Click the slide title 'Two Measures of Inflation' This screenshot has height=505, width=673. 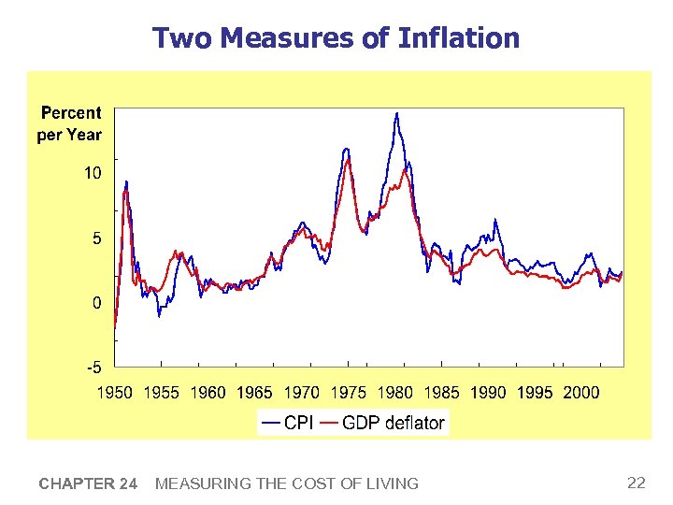pos(336,38)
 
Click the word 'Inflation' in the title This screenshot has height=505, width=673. pos(458,38)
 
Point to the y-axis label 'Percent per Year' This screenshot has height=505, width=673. pos(70,123)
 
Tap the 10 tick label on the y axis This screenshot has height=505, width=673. pos(93,174)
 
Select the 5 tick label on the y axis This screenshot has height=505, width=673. pos(96,238)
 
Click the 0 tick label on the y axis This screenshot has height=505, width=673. pos(96,303)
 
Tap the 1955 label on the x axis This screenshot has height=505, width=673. pos(162,393)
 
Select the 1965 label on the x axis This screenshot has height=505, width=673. pos(254,393)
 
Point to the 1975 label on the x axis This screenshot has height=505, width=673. pos(348,393)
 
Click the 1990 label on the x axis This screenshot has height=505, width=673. pos(488,393)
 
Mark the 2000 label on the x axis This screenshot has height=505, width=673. pos(580,393)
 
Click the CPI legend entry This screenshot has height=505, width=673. pos(288,423)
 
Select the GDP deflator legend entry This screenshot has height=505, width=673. pos(383,423)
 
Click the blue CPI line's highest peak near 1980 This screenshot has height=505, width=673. pos(397,114)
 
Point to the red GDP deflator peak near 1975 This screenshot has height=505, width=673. pos(349,160)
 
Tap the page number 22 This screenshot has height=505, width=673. pos(637,483)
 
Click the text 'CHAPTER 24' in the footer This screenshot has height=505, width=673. pos(88,483)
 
